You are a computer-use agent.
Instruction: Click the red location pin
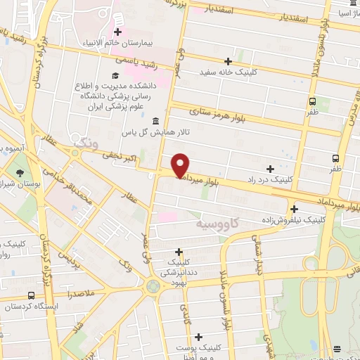click(x=181, y=165)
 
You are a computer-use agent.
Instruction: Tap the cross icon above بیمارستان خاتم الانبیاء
click(x=117, y=32)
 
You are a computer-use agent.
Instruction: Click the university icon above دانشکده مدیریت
click(x=115, y=75)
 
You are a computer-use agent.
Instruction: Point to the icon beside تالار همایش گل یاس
click(x=155, y=122)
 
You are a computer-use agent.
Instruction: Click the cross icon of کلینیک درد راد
click(x=271, y=169)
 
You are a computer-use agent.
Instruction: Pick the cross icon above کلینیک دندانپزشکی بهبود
click(x=179, y=252)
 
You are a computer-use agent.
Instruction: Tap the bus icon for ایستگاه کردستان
click(x=30, y=296)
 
